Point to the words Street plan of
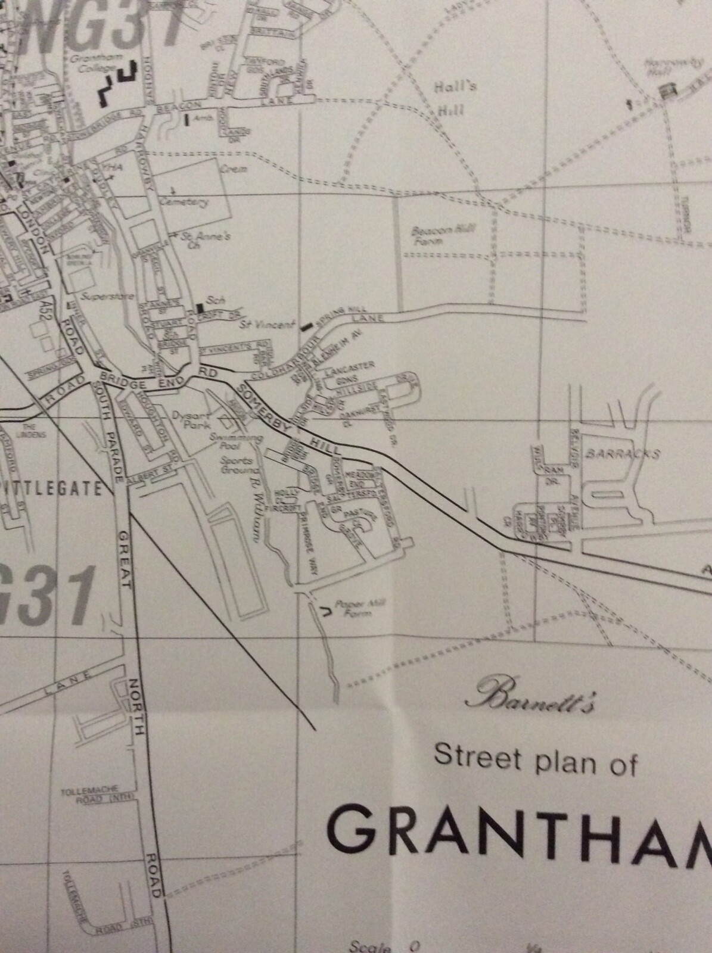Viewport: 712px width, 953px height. (x=535, y=761)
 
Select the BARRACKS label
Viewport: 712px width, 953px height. (x=623, y=453)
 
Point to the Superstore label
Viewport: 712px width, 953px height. (x=102, y=296)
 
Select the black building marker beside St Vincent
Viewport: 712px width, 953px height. (x=306, y=326)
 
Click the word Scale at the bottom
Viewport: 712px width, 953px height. (x=369, y=947)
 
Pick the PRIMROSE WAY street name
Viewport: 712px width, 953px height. (x=309, y=546)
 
